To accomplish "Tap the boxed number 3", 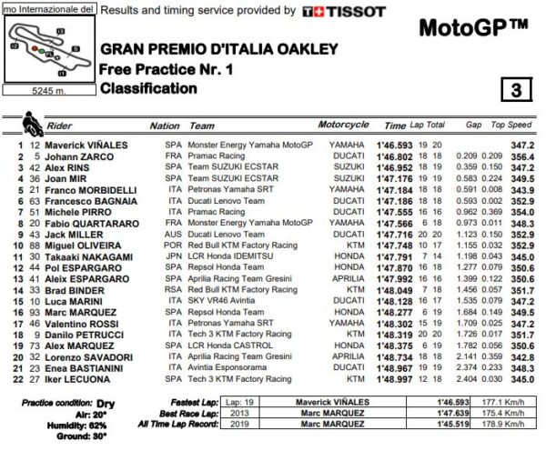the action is [515, 90].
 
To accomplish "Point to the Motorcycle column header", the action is [343, 125].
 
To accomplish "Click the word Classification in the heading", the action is [147, 89].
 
